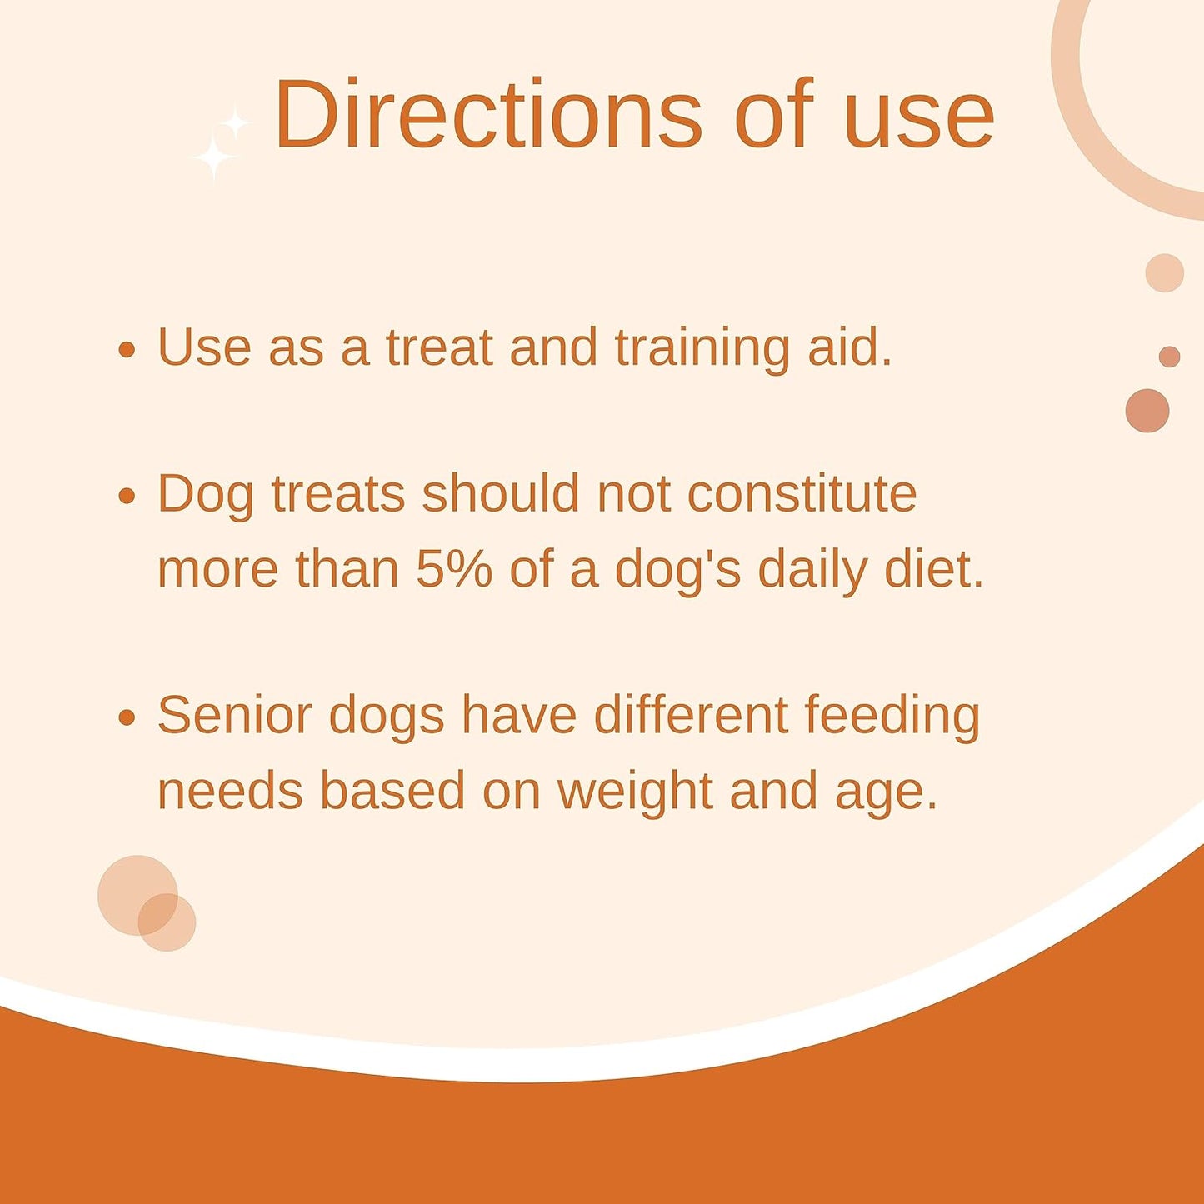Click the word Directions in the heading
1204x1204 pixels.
tap(488, 114)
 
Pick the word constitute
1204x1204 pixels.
tap(802, 493)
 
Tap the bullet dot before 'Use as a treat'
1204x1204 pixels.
tap(127, 349)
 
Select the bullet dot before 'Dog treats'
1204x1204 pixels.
tap(127, 497)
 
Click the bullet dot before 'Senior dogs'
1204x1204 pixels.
tap(127, 717)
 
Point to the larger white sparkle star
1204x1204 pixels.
tap(213, 156)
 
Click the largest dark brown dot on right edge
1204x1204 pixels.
tap(1147, 411)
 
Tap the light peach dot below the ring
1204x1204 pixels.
tap(1164, 273)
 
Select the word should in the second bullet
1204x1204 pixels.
tap(500, 493)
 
